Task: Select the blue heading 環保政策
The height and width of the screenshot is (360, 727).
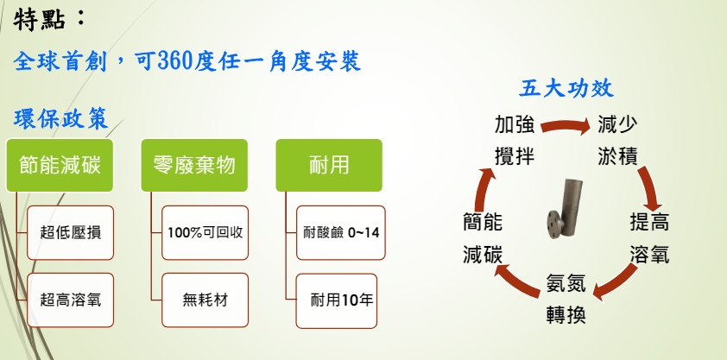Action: (60, 119)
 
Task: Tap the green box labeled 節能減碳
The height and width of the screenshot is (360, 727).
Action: (60, 165)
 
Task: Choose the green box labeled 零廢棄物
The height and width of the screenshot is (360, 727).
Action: (194, 165)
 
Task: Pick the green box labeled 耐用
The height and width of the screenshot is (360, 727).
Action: (329, 165)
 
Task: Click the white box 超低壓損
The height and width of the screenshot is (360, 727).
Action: (71, 232)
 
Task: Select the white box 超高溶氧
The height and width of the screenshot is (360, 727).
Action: (71, 300)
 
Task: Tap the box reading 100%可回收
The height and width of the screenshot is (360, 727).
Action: (205, 232)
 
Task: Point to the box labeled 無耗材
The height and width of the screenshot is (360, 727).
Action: (205, 300)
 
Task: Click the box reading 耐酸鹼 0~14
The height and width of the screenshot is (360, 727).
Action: (341, 232)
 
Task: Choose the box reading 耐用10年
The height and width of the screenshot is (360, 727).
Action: (337, 300)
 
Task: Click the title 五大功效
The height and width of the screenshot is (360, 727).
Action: (566, 88)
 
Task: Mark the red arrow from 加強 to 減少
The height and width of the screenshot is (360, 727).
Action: (566, 125)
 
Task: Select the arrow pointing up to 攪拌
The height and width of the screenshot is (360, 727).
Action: (482, 190)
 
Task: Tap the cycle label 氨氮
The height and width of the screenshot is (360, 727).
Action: (566, 282)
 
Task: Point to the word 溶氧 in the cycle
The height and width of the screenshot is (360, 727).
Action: (649, 255)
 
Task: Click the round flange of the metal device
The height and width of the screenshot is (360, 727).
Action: (554, 224)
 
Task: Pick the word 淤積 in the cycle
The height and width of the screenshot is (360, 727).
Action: (617, 155)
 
